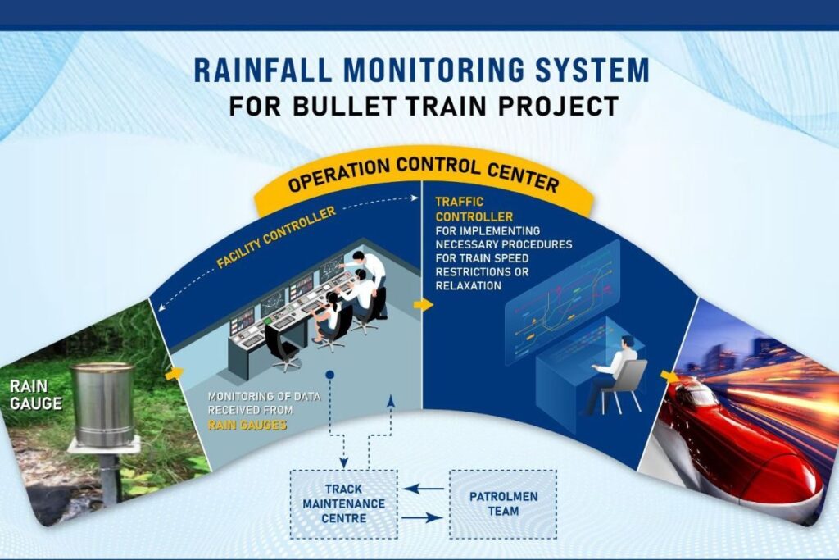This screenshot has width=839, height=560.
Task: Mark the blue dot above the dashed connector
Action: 329,376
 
